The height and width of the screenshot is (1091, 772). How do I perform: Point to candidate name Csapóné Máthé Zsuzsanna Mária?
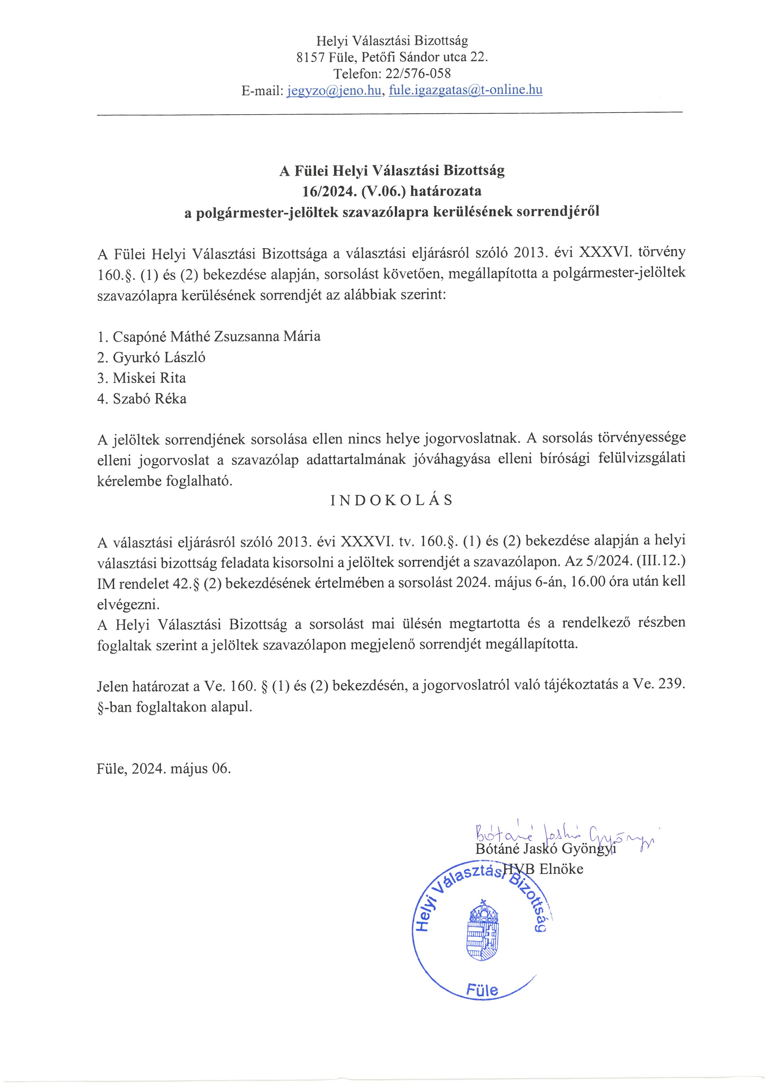point(216,336)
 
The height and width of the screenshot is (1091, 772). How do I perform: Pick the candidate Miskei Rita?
point(149,378)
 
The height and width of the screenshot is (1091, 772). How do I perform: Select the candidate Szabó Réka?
point(149,399)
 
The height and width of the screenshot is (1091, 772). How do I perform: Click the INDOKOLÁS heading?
point(392,500)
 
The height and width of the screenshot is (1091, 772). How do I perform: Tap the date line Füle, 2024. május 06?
point(163,769)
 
